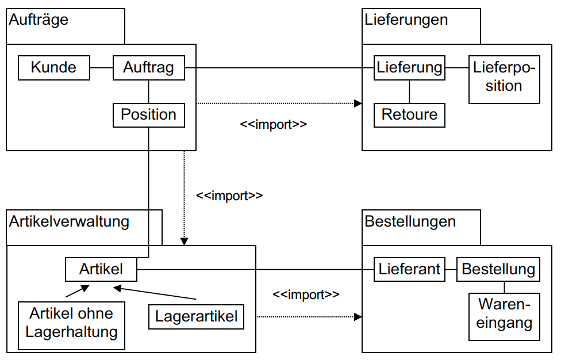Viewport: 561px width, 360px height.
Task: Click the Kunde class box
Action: tap(53, 68)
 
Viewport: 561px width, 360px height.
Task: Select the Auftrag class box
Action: tap(148, 68)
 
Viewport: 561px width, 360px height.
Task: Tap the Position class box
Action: tap(148, 114)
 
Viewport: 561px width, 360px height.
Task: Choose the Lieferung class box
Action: tap(409, 68)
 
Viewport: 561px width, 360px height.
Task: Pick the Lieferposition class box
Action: tap(504, 79)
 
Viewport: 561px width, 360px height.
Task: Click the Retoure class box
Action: tap(409, 114)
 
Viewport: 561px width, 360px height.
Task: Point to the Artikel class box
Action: tap(101, 269)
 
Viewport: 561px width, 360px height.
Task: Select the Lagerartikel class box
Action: tap(196, 316)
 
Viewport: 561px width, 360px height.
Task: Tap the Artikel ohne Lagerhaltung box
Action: tap(71, 323)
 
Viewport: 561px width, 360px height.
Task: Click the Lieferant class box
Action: tap(409, 269)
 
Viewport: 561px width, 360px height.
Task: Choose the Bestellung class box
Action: tap(498, 269)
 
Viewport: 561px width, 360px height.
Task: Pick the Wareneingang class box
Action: tap(505, 314)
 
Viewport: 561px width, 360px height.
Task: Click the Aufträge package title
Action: tap(39, 20)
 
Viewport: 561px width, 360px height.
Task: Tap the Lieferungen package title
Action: tap(406, 20)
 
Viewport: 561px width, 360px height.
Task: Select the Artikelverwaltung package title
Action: tap(69, 221)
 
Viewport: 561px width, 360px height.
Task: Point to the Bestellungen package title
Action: tap(410, 221)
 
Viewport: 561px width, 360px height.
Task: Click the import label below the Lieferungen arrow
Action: tap(273, 124)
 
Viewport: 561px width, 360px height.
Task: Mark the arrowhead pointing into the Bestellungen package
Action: tap(358, 316)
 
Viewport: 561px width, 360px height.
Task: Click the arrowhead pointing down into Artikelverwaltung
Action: tap(184, 242)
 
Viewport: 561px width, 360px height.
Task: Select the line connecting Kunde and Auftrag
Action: tap(101, 68)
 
